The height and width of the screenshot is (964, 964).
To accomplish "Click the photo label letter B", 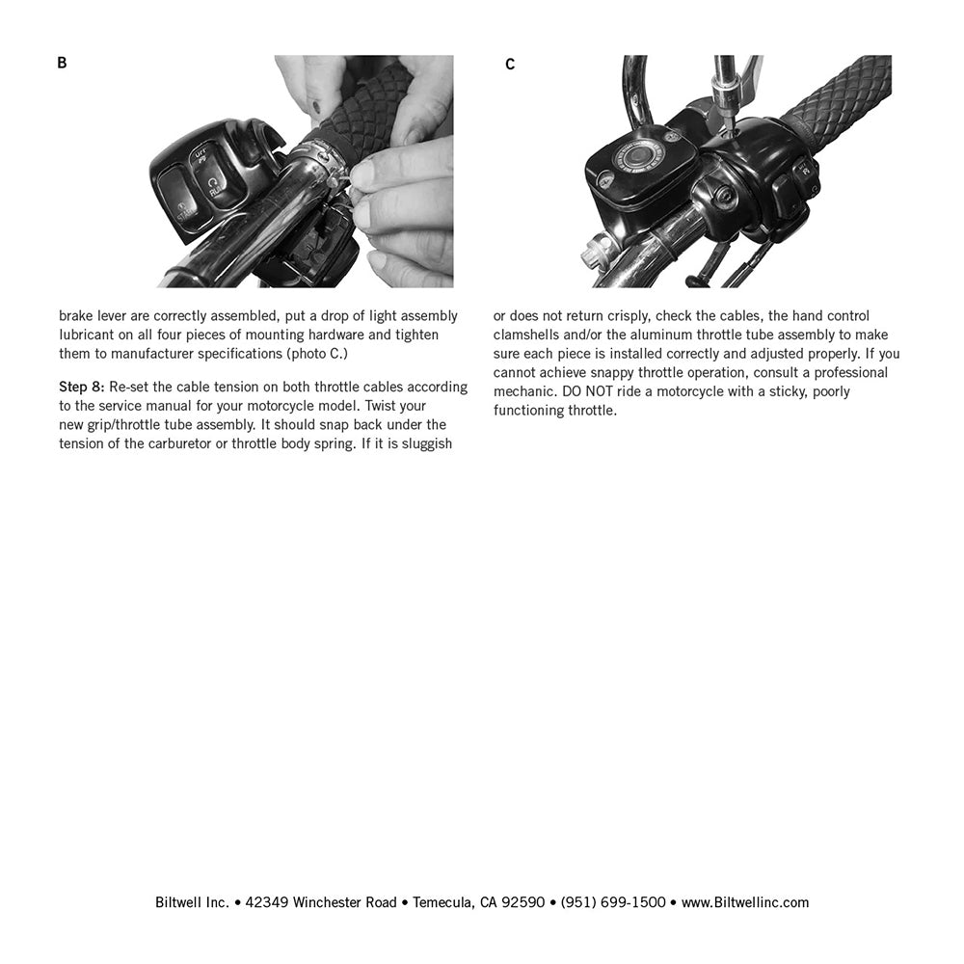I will pos(62,64).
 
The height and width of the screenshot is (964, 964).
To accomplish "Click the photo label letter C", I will pos(510,65).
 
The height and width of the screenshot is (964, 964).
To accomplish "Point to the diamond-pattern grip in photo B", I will pos(366,106).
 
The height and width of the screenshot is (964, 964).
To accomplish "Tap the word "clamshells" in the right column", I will pos(526,335).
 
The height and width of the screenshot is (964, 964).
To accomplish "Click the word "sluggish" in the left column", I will pos(422,443).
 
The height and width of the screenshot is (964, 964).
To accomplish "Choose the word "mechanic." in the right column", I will pos(524,391).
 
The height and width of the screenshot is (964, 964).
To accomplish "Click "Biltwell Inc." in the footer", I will pos(192,902).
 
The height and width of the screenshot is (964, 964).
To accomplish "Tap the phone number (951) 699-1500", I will pos(613,902).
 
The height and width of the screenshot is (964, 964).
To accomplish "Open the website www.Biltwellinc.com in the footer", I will pos(745,902).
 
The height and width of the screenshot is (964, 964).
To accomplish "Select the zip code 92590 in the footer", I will pos(525,902).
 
